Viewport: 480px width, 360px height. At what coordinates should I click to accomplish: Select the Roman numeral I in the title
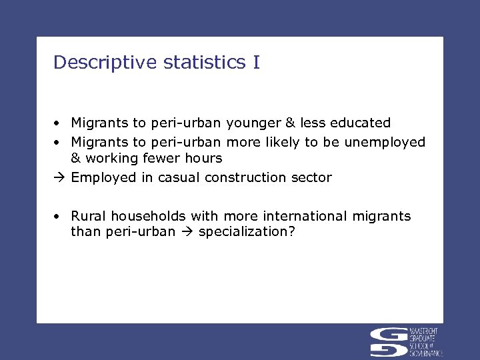[x=257, y=63]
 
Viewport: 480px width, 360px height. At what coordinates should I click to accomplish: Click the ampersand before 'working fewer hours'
[x=75, y=158]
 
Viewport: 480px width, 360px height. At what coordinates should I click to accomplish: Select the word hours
[x=205, y=158]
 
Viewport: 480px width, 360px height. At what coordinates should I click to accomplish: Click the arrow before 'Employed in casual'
[x=60, y=177]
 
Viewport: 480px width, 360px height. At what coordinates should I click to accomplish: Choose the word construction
[x=246, y=177]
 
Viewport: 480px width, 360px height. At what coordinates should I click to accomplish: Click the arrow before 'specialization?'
[x=187, y=233]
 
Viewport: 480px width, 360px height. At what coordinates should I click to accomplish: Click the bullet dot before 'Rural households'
[x=59, y=217]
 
